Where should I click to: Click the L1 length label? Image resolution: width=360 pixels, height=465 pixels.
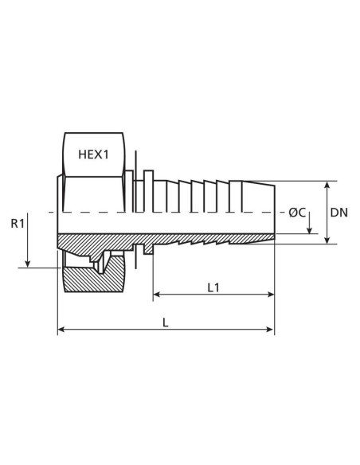[x=213, y=287]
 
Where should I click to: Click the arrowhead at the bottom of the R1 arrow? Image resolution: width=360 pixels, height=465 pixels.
[x=28, y=264]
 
